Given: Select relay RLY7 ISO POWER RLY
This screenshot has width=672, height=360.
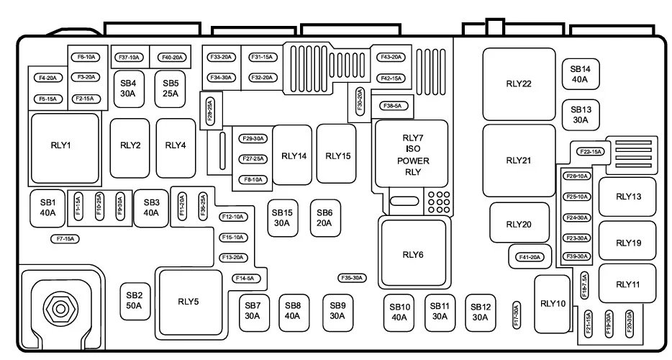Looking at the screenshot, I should (x=412, y=154).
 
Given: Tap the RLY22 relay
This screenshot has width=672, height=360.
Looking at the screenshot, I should (x=518, y=84).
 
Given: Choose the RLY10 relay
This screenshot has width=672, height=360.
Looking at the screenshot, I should (x=551, y=303).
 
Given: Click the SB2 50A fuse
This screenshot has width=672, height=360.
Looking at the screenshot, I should (x=134, y=300).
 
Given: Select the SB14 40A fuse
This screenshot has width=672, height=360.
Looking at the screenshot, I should (x=580, y=74).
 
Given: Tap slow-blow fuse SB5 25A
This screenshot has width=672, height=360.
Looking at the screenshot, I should (x=171, y=88).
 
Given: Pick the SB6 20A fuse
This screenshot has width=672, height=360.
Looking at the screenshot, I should (x=324, y=217).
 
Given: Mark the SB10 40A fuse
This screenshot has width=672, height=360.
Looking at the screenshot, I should (x=400, y=312).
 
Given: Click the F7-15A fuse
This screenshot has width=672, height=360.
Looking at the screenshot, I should (x=63, y=238).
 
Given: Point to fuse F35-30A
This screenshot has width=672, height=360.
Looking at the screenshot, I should (x=352, y=278).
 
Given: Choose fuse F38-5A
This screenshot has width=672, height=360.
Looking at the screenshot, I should (x=394, y=106).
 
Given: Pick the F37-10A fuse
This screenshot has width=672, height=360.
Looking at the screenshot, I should (x=129, y=57).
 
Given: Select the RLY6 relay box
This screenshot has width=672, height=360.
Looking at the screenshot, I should (x=413, y=254).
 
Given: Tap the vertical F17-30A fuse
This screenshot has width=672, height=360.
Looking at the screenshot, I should (x=515, y=315).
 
